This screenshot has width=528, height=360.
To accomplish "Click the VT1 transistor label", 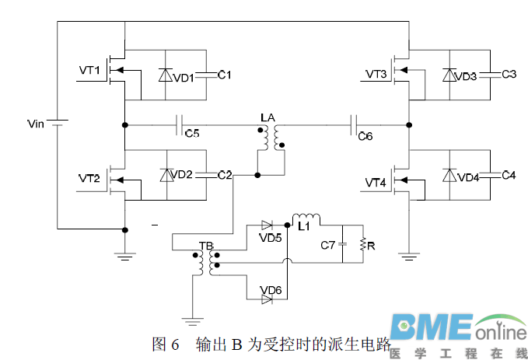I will pyautogui.click(x=90, y=71).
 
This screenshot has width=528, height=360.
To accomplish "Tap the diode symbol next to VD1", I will pyautogui.click(x=165, y=75).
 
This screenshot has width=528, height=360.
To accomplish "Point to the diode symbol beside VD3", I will pyautogui.click(x=449, y=75).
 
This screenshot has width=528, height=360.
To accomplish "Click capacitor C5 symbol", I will pyautogui.click(x=180, y=124).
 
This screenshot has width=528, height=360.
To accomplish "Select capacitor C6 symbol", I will pyautogui.click(x=355, y=124).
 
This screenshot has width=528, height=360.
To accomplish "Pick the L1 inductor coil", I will pyautogui.click(x=306, y=217).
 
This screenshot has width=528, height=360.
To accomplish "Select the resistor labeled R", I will pyautogui.click(x=362, y=246).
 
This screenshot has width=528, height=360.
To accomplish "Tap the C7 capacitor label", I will pyautogui.click(x=329, y=246).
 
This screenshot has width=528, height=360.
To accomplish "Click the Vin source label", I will pyautogui.click(x=36, y=123).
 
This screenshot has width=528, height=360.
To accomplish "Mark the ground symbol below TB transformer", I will pyautogui.click(x=190, y=318).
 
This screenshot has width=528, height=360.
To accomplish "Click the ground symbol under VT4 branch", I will pyautogui.click(x=408, y=253).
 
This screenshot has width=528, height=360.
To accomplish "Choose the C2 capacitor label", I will pyautogui.click(x=224, y=174).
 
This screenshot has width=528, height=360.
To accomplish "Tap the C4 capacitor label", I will pyautogui.click(x=509, y=175).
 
